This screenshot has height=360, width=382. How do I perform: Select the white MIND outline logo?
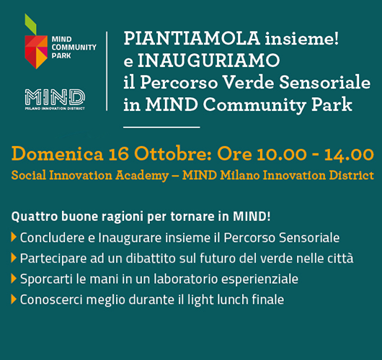(55, 96)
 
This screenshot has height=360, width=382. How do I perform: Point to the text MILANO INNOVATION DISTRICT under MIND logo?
(55, 107)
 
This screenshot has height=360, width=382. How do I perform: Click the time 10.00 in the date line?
(274, 154)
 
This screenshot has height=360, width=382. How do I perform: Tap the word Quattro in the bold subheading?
(31, 217)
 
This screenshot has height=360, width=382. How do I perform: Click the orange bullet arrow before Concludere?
(14, 237)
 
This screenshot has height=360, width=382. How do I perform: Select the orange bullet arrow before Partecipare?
(14, 258)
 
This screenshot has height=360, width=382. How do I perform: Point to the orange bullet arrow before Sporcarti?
(14, 279)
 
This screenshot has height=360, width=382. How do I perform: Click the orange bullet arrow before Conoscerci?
(14, 300)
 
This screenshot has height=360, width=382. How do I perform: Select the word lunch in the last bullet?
(232, 300)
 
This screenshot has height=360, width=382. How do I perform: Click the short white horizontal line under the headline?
(161, 127)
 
